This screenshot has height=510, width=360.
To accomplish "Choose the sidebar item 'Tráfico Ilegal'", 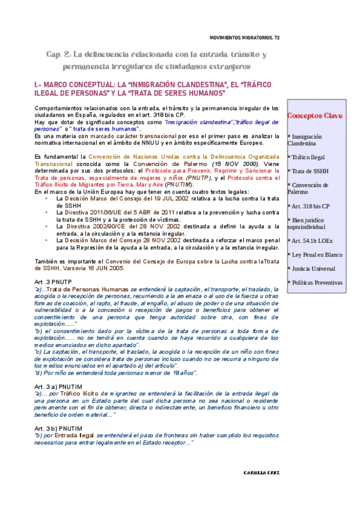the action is click(306, 156).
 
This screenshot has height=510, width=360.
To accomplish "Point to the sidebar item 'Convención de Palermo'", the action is click(306, 188).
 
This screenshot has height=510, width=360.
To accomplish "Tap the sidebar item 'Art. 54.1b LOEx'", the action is click(310, 241).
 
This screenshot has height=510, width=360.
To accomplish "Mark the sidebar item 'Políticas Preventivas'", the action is click(314, 283).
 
